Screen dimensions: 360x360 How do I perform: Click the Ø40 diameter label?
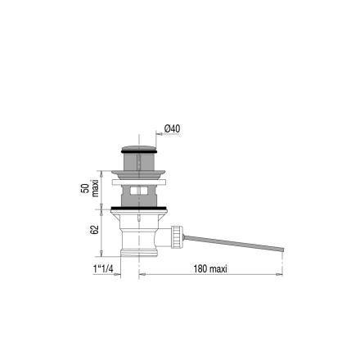pos(172,128)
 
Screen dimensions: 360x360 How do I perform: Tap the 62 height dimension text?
pos(94,230)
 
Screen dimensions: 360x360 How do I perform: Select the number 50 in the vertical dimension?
pos(85,188)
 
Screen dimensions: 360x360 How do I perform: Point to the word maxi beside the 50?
pos(95,188)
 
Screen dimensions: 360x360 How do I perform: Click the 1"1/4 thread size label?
pos(103,269)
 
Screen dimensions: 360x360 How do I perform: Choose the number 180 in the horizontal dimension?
pos(200,269)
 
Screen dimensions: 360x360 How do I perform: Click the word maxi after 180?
pos(218,269)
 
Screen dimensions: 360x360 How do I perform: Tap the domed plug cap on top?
pos(139,148)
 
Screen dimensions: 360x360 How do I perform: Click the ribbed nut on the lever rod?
pos(177,236)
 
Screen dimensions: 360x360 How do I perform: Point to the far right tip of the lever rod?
pos(284,250)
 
